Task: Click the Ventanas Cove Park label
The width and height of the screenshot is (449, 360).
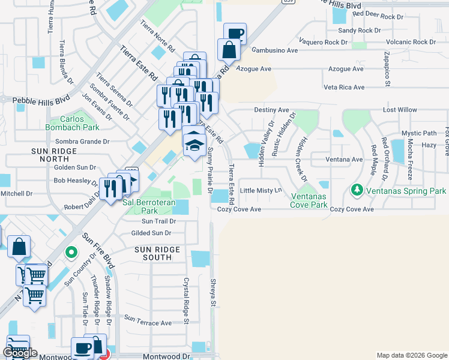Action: pos(310,200)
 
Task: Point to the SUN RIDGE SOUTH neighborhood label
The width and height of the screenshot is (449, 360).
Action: pos(157,253)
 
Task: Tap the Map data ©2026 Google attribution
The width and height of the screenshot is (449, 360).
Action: pos(412,355)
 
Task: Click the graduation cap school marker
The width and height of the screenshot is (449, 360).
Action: pos(194,145)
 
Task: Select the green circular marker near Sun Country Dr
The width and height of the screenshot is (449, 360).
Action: pos(71,253)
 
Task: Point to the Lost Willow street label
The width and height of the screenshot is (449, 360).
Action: pos(400,110)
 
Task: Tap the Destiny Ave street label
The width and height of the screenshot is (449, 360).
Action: pos(272,110)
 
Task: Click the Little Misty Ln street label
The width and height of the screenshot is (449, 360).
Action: pos(261,191)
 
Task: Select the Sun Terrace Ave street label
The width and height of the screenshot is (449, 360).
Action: pos(146,323)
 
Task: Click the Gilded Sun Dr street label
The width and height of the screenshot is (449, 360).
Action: pos(152,233)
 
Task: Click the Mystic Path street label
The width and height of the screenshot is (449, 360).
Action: pos(419,133)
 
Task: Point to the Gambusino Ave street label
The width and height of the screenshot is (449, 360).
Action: pos(275,50)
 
